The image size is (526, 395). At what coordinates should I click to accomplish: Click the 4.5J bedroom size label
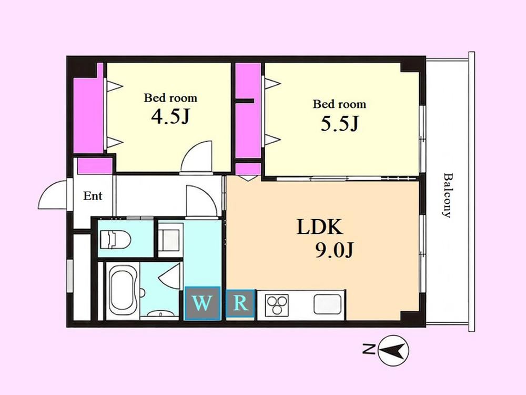[170, 116]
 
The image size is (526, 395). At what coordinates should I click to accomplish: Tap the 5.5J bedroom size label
[340, 123]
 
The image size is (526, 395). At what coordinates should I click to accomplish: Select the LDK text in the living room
[320, 227]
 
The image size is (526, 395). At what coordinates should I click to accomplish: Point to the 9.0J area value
[334, 250]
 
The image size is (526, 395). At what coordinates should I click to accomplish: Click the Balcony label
[448, 195]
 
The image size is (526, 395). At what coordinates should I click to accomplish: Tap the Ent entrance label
[93, 196]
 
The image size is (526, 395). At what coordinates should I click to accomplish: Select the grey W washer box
[203, 303]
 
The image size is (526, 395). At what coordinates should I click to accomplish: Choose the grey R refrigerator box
[240, 303]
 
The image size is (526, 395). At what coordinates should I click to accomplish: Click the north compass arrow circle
[393, 351]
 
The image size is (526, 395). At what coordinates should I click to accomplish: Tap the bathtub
[123, 291]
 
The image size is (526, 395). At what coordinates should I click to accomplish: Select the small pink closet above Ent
[95, 166]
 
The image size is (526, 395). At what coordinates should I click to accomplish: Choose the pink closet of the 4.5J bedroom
[88, 111]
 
